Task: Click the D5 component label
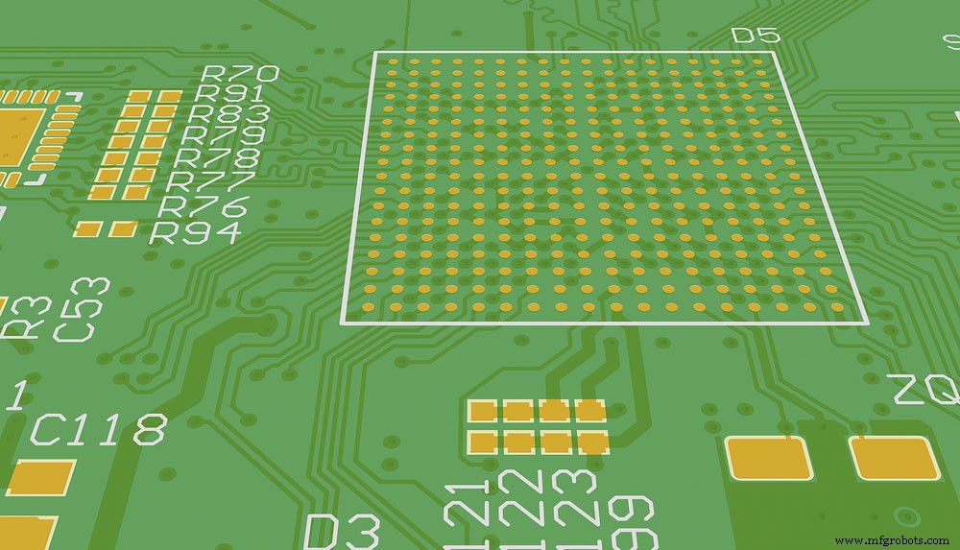click(x=756, y=36)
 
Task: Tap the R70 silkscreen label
click(x=239, y=73)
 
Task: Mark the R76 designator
click(x=204, y=205)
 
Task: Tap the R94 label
click(x=196, y=232)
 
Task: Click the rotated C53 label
click(x=81, y=309)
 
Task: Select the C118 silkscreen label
click(x=98, y=430)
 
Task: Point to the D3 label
click(x=342, y=531)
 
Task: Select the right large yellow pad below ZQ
click(x=895, y=458)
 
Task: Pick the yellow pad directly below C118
click(x=40, y=477)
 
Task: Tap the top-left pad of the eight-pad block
click(x=483, y=411)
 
